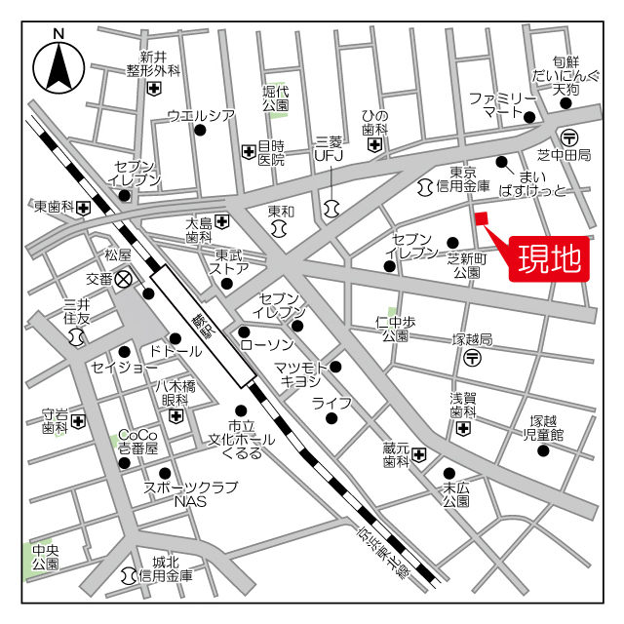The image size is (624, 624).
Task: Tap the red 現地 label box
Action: (x=549, y=260)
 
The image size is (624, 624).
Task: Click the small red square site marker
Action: (x=480, y=218)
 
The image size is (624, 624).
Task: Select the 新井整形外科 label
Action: (x=154, y=63)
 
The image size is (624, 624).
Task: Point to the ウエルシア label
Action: (x=201, y=115)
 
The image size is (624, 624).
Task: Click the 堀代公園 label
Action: (x=276, y=97)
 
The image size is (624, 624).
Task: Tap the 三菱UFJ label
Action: (x=330, y=147)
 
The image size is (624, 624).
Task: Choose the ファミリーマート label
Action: (x=502, y=105)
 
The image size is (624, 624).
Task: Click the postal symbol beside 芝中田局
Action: (x=569, y=136)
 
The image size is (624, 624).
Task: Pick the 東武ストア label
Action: (x=232, y=262)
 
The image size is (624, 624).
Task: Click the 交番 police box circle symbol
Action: (x=124, y=279)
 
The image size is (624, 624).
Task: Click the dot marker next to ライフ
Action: (x=331, y=419)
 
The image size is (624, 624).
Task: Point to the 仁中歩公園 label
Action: (x=395, y=328)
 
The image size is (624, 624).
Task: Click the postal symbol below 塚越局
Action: (x=472, y=359)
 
